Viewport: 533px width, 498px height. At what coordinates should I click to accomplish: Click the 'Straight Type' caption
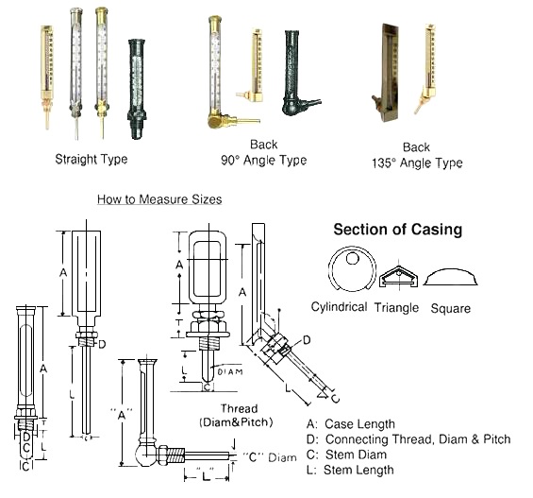91,159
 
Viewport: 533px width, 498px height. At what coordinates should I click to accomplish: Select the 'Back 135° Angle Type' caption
416,155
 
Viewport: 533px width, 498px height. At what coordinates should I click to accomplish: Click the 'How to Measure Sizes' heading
159,199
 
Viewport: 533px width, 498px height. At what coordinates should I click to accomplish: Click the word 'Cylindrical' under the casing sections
339,307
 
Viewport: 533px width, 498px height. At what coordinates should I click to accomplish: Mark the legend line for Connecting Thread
409,439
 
